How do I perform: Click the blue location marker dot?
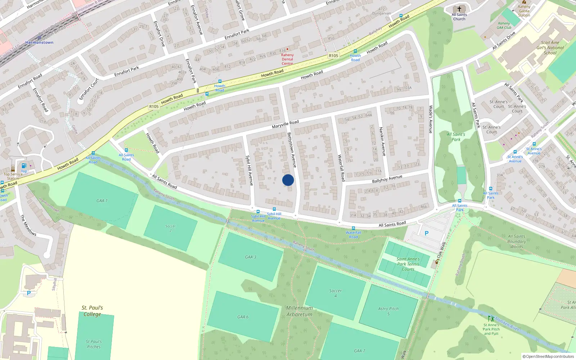288,180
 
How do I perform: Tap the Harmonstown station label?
39,42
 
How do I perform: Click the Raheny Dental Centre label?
287,59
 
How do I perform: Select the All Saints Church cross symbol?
459,9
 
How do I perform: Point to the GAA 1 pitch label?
102,201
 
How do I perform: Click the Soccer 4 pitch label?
335,293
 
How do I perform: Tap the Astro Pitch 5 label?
388,311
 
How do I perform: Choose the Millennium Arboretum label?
300,311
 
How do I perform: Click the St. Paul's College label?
92,311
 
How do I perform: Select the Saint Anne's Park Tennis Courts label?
408,264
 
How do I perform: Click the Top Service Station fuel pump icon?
24,166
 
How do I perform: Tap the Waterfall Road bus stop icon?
354,228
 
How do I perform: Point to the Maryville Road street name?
285,124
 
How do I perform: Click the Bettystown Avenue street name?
292,150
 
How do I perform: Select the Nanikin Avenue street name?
382,141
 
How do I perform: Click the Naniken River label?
507,324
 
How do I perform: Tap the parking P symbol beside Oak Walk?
427,233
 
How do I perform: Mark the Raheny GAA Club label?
504,26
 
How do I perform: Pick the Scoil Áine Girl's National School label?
550,48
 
